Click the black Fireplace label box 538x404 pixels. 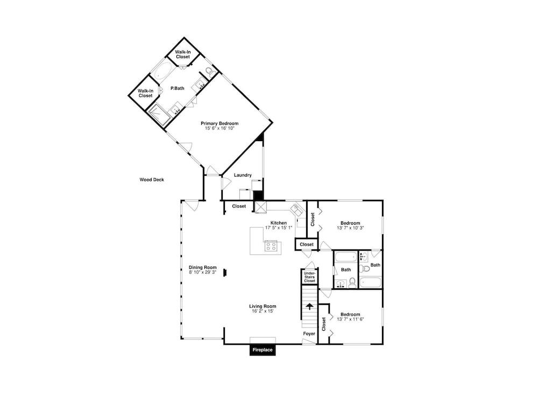(263, 350)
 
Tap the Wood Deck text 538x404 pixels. (152, 180)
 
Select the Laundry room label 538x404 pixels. (243, 175)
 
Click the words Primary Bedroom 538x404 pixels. (220, 123)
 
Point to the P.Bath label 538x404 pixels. (178, 88)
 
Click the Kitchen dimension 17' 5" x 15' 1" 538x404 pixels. (278, 227)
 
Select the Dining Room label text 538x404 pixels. (202, 268)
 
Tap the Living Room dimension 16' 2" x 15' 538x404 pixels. (263, 311)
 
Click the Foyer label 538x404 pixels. (309, 334)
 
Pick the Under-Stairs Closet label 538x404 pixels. (310, 277)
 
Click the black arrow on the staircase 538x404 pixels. (310, 307)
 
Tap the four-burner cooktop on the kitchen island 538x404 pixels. (272, 246)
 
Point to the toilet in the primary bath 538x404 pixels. (209, 71)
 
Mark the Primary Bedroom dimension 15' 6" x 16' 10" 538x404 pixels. (220, 128)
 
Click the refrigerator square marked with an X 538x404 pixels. (261, 206)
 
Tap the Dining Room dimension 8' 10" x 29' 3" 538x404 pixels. (202, 273)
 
